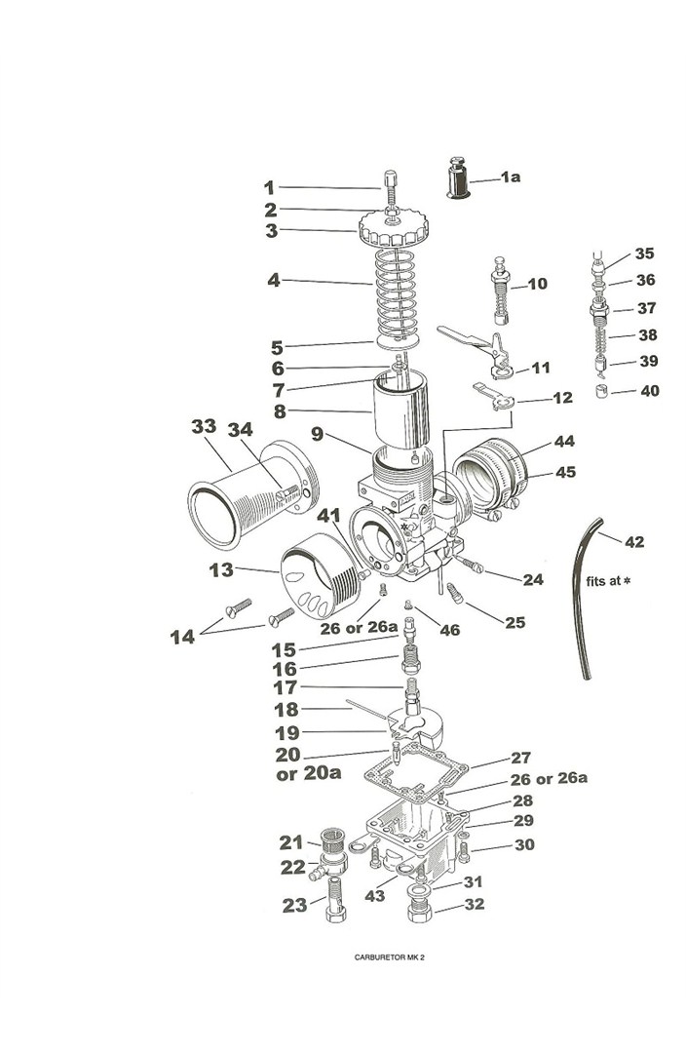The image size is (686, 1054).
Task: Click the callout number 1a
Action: click(510, 176)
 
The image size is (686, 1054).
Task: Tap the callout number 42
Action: click(634, 542)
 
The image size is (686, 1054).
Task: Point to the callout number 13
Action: click(221, 570)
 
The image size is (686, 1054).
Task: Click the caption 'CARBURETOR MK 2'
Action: click(389, 957)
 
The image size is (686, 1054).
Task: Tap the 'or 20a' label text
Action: click(308, 774)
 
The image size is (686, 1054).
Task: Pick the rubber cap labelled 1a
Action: click(458, 178)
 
